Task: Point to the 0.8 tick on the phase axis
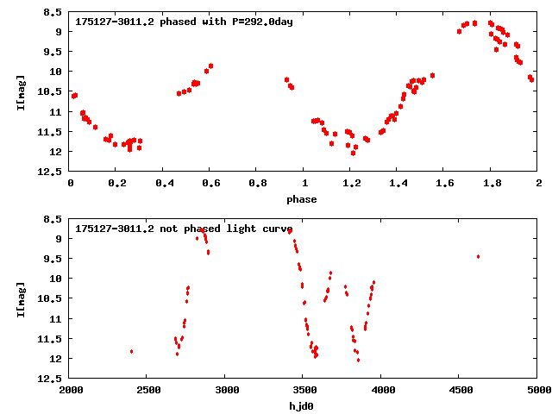257,183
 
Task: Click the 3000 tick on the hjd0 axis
225,390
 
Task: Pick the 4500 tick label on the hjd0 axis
460,390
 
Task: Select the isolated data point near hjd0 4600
478,256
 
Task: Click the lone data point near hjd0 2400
131,351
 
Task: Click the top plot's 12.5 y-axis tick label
49,172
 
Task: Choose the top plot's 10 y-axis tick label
54,72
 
